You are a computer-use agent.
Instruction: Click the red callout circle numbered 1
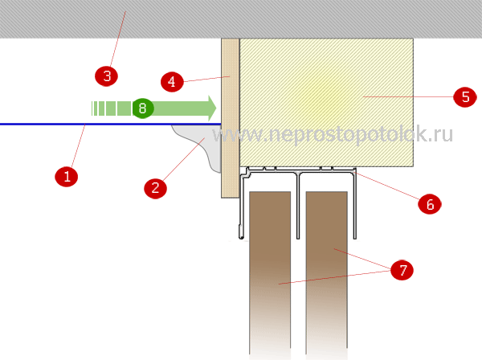pyautogui.click(x=67, y=177)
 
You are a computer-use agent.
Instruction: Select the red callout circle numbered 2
pyautogui.click(x=156, y=188)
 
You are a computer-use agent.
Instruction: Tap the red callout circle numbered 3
pyautogui.click(x=106, y=76)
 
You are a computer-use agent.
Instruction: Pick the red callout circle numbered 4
pyautogui.click(x=172, y=82)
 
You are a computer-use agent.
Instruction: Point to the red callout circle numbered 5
pyautogui.click(x=465, y=97)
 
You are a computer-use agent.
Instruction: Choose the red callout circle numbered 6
pyautogui.click(x=430, y=204)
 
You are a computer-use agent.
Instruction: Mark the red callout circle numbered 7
pyautogui.click(x=402, y=270)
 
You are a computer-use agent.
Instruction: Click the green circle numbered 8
pyautogui.click(x=143, y=108)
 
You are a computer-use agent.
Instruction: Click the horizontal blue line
pyautogui.click(x=111, y=125)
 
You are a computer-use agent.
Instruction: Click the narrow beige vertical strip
pyautogui.click(x=231, y=118)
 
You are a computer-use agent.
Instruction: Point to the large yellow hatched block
pyautogui.click(x=326, y=102)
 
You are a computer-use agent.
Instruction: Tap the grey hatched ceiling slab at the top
pyautogui.click(x=241, y=19)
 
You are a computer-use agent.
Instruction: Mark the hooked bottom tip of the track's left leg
pyautogui.click(x=241, y=237)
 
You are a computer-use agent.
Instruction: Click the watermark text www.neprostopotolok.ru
pyautogui.click(x=333, y=134)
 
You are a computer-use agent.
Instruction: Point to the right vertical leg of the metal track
pyautogui.click(x=355, y=203)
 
